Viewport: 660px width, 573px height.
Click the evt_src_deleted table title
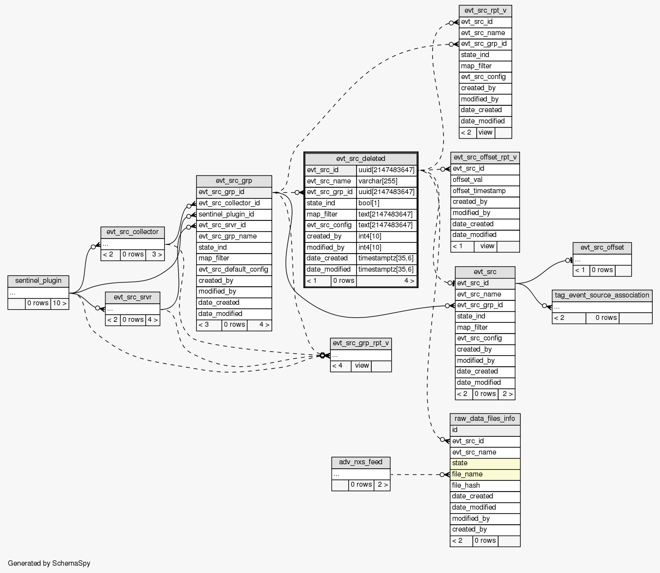(360, 158)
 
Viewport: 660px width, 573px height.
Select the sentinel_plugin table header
(38, 280)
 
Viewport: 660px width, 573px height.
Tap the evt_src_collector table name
(132, 232)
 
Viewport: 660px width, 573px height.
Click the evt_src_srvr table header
(132, 297)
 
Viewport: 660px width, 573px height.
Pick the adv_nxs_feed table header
(360, 462)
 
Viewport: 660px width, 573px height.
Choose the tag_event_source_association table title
(602, 295)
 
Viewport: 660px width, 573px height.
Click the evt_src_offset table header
(602, 247)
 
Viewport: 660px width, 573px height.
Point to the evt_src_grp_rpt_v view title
(360, 343)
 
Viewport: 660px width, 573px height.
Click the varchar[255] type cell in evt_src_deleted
(386, 181)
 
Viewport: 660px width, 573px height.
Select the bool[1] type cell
(386, 203)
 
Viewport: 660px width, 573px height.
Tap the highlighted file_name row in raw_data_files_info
(485, 474)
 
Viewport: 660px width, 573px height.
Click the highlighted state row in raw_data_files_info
(485, 463)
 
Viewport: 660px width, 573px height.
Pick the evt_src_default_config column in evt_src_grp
(234, 269)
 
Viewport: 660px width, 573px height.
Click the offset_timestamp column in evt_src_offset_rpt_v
(485, 191)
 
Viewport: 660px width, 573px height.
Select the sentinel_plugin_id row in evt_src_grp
(234, 214)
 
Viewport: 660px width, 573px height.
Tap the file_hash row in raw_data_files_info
(485, 485)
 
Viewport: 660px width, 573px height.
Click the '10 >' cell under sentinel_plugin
(60, 303)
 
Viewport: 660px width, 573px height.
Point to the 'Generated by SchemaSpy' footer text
(49, 563)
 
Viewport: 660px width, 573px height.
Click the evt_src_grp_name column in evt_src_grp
(234, 236)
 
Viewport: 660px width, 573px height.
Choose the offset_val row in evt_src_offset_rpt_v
(485, 179)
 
